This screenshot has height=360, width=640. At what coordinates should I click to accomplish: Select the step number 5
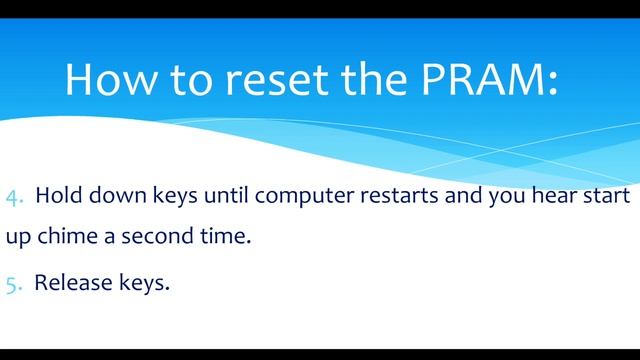(13, 284)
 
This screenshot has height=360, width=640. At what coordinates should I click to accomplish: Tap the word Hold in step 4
(57, 197)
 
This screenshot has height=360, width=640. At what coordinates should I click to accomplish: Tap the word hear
(545, 197)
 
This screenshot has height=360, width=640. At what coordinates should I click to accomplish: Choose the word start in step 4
(603, 197)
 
